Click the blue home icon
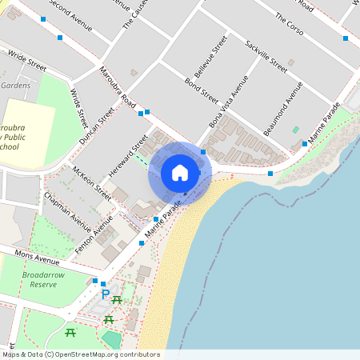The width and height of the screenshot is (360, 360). coord(180,172)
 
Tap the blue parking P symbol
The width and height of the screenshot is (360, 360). coord(105,294)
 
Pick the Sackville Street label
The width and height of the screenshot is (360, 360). coord(266,54)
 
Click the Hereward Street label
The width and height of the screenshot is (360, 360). coord(129,154)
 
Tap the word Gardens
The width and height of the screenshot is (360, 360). coord(15,85)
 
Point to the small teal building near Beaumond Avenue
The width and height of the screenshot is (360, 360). coord(295,129)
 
